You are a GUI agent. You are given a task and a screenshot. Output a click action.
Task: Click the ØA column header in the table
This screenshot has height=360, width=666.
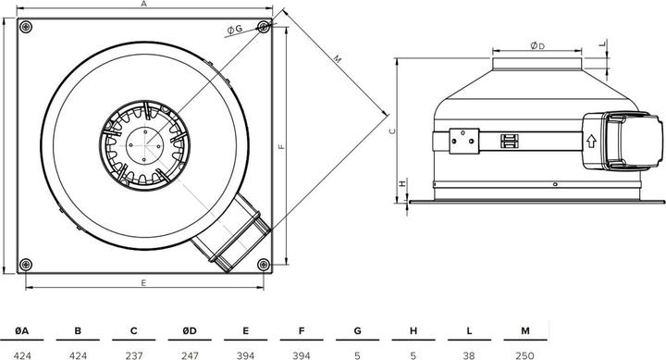click(x=21, y=330)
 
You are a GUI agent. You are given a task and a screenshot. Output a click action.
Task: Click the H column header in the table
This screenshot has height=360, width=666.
click(x=413, y=330)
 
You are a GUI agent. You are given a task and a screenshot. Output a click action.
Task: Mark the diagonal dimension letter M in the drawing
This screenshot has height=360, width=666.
click(x=337, y=59)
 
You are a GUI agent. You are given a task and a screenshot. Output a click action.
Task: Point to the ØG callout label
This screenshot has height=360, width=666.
click(x=234, y=30)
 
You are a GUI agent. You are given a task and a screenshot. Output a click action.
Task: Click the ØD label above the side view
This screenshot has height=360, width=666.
click(x=536, y=45)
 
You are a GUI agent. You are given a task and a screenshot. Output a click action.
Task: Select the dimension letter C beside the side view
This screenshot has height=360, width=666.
click(x=392, y=131)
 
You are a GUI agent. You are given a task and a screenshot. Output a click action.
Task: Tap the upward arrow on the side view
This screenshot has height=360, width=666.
click(x=589, y=142)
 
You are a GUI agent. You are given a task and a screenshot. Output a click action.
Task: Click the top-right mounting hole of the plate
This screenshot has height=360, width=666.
click(x=264, y=26)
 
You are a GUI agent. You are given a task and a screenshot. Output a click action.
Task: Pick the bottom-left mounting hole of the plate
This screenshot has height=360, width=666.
click(x=26, y=261)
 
